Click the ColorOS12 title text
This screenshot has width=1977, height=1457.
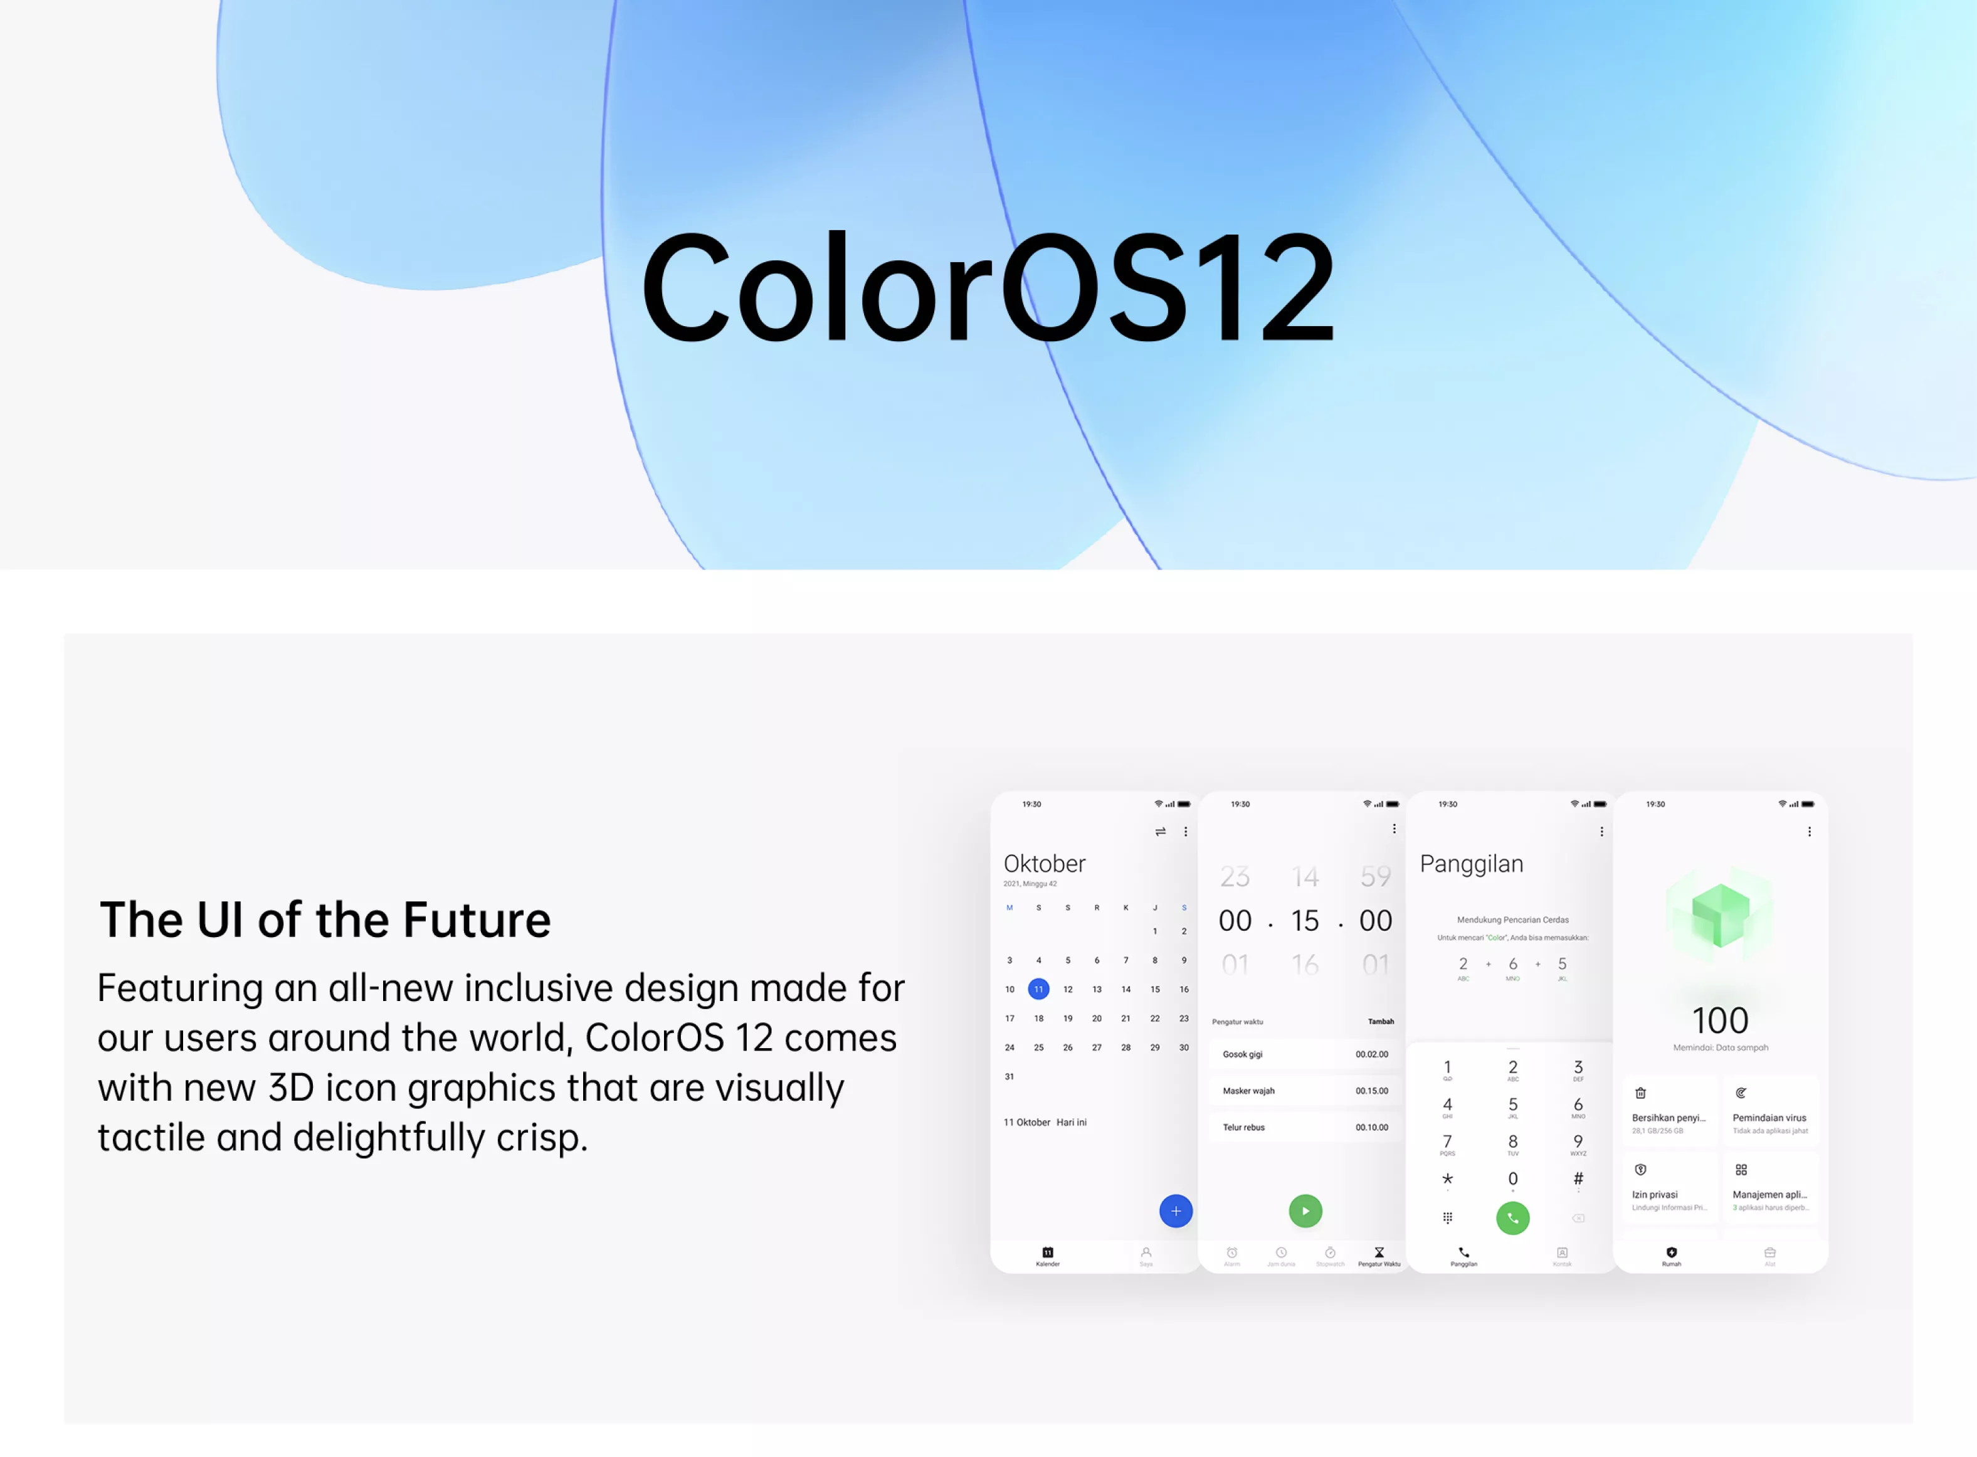[x=988, y=287]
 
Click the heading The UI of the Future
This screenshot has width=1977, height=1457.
[x=325, y=920]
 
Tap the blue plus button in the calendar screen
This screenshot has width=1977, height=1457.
[x=1176, y=1211]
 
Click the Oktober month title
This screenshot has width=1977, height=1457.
[x=1044, y=864]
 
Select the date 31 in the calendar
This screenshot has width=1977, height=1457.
[x=1010, y=1077]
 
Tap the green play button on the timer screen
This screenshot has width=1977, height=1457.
[x=1305, y=1211]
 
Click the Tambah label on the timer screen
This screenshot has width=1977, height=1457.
[x=1380, y=1021]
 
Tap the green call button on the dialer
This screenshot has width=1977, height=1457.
[x=1512, y=1218]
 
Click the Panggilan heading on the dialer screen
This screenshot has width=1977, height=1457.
[x=1471, y=864]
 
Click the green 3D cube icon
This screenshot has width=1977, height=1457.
[x=1719, y=914]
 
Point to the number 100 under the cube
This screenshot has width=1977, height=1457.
[x=1719, y=1020]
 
